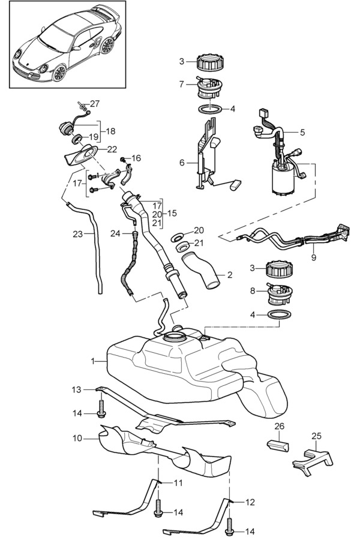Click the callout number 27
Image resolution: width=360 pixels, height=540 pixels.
(95, 103)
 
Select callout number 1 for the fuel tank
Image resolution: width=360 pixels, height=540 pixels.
(93, 361)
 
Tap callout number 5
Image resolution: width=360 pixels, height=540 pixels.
(302, 132)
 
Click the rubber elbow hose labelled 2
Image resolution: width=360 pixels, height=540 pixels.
(204, 269)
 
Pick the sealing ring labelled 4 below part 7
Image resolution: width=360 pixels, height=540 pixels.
(208, 110)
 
